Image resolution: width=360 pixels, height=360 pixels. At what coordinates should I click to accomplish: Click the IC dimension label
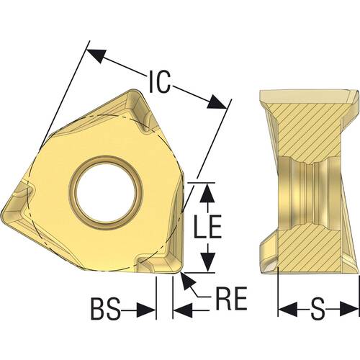(x=160, y=81)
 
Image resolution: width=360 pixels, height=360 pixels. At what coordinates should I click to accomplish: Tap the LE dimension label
(x=207, y=226)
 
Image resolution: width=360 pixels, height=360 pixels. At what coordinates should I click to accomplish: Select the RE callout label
(x=232, y=298)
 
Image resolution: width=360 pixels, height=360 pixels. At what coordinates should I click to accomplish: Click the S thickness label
(x=318, y=308)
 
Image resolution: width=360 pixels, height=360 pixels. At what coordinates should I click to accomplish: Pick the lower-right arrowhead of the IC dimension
(x=217, y=102)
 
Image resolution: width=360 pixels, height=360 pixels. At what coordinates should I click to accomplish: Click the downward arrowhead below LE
(x=207, y=261)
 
